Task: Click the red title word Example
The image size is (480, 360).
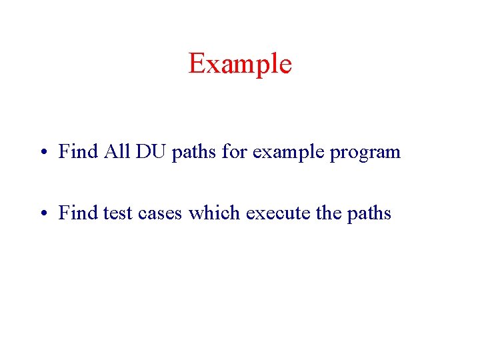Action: coord(240,64)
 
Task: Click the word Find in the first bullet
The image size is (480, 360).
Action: coord(78,152)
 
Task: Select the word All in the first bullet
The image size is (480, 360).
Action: coord(117,152)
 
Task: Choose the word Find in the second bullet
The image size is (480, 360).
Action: coord(78,213)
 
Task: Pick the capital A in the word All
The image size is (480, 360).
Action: coord(110,152)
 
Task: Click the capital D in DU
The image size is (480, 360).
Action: coord(143,152)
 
